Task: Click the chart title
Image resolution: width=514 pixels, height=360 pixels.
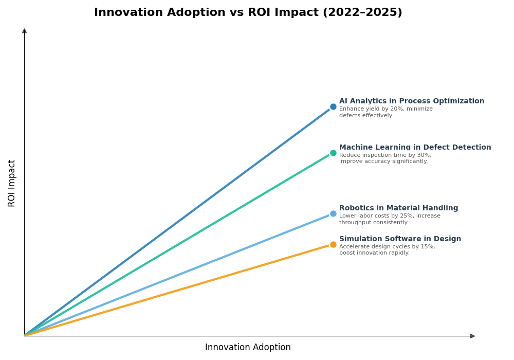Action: tap(248, 13)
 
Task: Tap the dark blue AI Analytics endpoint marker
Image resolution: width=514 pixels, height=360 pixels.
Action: tap(333, 107)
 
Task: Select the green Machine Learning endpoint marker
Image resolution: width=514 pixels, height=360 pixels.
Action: tap(333, 153)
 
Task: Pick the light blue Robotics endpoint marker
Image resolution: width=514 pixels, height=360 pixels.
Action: tap(333, 214)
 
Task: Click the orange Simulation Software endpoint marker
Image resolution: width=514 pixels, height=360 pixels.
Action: tap(333, 245)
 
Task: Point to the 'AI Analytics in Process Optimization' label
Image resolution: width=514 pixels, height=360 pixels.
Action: tap(411, 101)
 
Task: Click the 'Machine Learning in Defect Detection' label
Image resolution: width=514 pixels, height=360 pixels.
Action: tap(415, 148)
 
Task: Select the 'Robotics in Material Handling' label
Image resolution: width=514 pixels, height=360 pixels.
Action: tap(398, 208)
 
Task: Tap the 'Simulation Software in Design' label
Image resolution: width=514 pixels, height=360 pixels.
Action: tap(400, 239)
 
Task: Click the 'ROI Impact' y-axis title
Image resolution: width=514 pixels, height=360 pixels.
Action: tap(12, 183)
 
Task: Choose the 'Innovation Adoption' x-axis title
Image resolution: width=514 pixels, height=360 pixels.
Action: tap(248, 348)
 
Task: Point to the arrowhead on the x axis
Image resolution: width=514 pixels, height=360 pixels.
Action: tap(472, 336)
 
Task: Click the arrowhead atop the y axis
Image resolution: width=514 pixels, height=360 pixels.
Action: tap(24, 31)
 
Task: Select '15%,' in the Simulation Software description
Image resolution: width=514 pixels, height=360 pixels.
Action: tap(426, 247)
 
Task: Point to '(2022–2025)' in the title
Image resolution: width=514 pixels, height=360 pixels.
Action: tap(366, 13)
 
